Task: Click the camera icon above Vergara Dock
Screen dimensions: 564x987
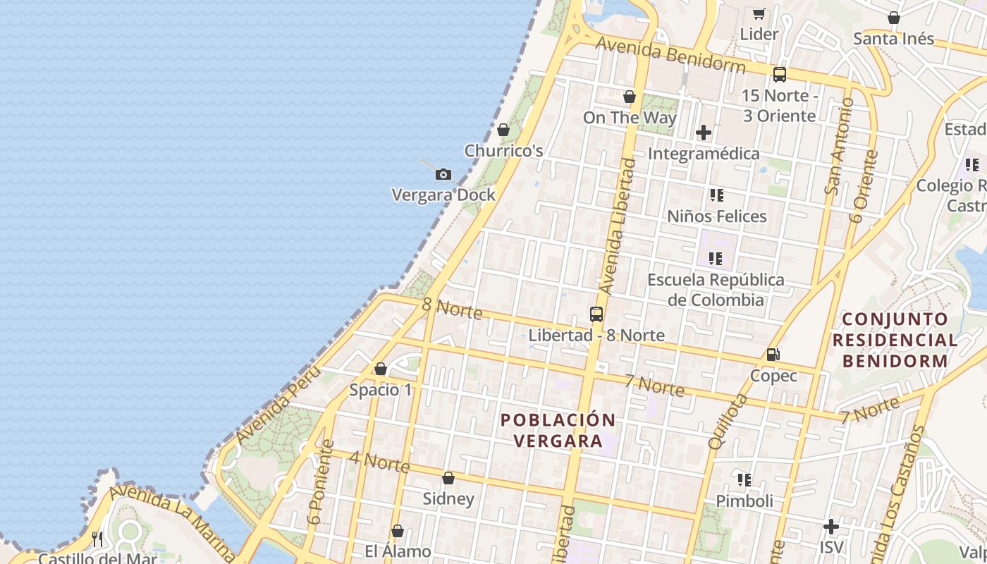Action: pos(443,174)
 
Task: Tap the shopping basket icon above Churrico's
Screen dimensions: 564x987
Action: pos(503,130)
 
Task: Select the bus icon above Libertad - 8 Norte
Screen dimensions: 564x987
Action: pos(596,314)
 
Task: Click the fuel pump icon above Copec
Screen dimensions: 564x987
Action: pos(773,355)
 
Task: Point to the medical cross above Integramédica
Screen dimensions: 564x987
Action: pos(703,133)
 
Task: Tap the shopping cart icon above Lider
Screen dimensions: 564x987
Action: pos(759,13)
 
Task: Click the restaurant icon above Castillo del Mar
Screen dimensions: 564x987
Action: pos(97,539)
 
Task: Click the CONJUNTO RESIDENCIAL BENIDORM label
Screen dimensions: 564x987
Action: pos(895,340)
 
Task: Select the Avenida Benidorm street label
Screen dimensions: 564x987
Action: pos(670,55)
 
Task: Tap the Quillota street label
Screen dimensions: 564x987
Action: pos(728,422)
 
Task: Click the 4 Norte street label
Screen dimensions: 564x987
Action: pos(379,462)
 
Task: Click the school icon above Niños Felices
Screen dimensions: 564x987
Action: pos(716,195)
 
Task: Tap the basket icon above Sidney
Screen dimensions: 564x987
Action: pos(448,478)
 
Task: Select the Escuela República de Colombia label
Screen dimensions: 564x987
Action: pos(716,290)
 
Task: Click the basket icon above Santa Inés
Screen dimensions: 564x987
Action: pos(893,18)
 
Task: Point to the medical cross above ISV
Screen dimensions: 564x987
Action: pos(831,526)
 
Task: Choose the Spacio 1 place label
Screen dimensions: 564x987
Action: pos(381,390)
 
